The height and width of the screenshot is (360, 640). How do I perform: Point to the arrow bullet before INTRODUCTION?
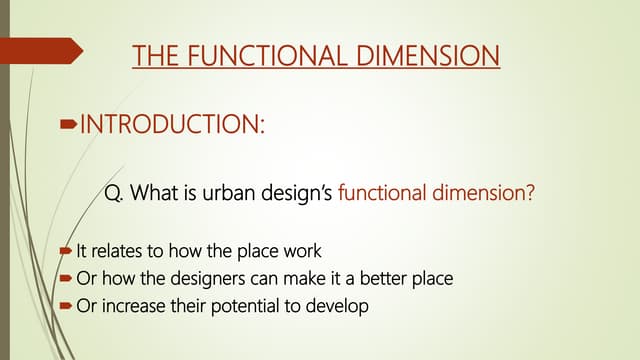click(x=68, y=125)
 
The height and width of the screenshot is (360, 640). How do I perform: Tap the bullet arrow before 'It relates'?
click(x=66, y=250)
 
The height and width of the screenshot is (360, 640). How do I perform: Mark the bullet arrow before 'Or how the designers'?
click(x=66, y=278)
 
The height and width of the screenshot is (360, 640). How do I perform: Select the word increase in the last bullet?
click(x=129, y=306)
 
